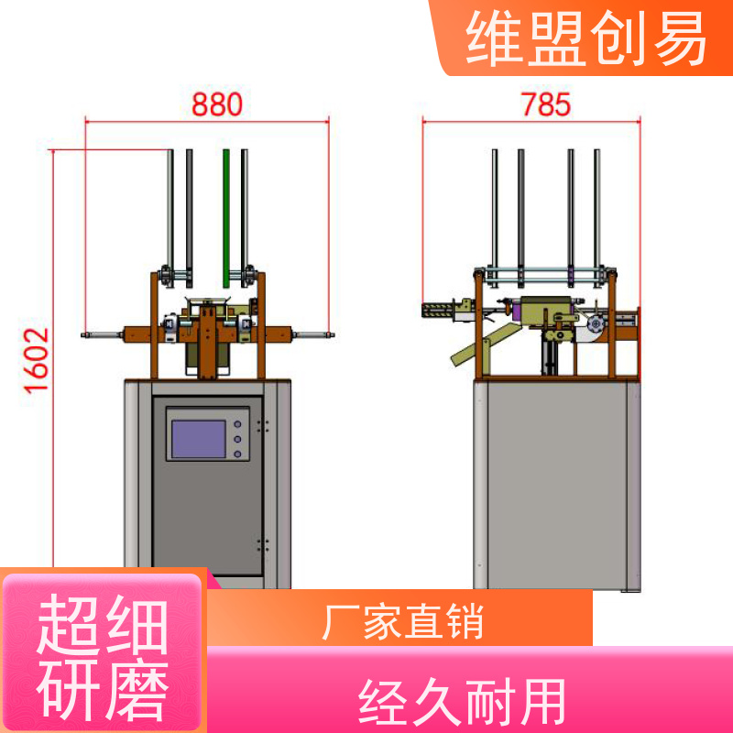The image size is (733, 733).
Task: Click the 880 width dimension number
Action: click(x=217, y=104)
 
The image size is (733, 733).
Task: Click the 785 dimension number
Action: click(x=546, y=104)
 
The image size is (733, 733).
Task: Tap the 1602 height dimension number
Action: click(x=37, y=360)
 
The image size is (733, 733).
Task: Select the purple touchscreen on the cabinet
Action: click(x=199, y=439)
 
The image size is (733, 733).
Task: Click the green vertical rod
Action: click(x=226, y=218)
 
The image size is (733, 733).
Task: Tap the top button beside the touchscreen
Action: click(x=237, y=424)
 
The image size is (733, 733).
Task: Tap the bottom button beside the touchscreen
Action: click(x=237, y=454)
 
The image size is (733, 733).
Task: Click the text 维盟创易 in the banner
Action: click(x=586, y=38)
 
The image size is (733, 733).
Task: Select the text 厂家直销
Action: click(x=403, y=622)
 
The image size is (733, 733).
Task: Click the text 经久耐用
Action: click(x=462, y=702)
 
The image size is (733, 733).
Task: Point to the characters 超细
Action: click(x=103, y=625)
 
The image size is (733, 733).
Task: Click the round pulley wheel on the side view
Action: click(x=595, y=324)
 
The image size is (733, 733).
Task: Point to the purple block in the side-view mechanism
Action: click(x=517, y=312)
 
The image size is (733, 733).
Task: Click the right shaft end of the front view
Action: click(x=331, y=334)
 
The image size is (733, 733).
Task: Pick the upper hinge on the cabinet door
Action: click(x=263, y=426)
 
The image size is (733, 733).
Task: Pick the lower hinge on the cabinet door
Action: click(x=263, y=544)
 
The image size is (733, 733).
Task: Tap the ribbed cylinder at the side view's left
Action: click(x=438, y=311)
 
